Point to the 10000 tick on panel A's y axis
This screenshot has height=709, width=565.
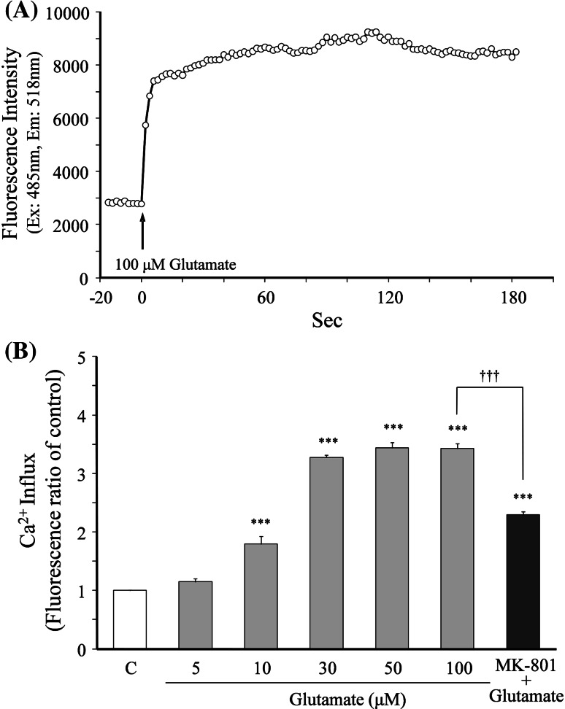72,12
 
